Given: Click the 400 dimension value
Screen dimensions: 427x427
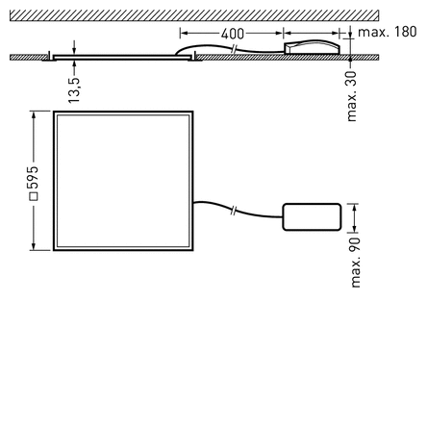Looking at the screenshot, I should tap(232, 34).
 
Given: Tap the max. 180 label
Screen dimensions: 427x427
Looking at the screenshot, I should tap(388, 33).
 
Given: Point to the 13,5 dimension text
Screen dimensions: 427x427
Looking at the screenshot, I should tap(74, 89).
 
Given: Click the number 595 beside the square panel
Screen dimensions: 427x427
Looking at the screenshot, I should tap(33, 178).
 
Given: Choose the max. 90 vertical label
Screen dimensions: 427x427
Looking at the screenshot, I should tap(356, 259).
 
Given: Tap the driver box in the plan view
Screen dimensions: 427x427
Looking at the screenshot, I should tap(312, 217).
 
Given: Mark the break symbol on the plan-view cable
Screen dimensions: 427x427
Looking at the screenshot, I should tap(237, 210).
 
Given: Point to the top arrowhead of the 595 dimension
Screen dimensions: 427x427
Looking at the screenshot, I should tap(33, 114).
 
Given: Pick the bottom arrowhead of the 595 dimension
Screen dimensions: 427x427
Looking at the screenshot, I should tap(33, 248).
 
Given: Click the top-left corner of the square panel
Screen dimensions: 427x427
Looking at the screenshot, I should tap(55, 113).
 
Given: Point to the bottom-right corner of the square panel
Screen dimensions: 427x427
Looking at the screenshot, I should tap(192, 250).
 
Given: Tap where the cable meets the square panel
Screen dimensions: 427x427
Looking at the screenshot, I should tap(193, 203).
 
